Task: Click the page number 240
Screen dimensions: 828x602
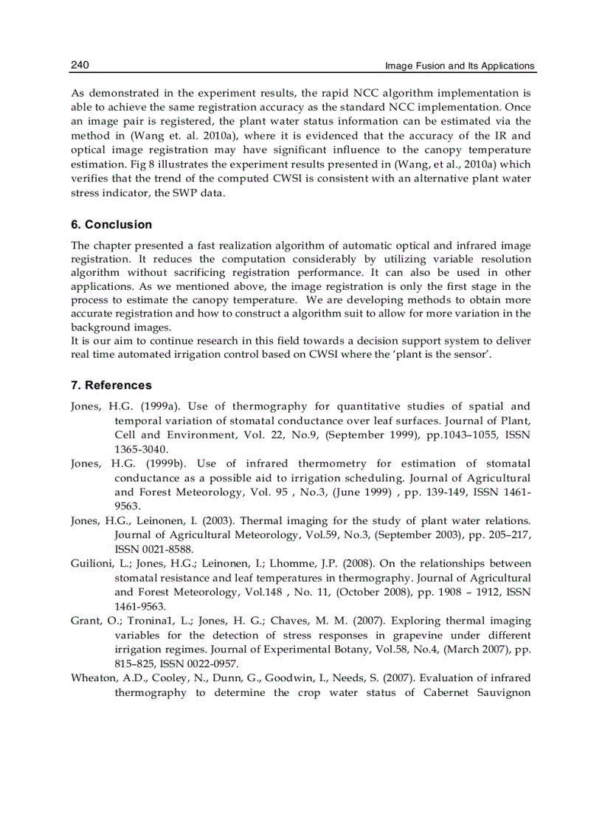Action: click(80, 66)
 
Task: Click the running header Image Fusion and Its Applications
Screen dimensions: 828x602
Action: click(460, 66)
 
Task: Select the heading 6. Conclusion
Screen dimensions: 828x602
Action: click(111, 225)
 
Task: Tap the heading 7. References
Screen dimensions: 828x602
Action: click(111, 386)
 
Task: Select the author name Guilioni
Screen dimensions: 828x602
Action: click(92, 564)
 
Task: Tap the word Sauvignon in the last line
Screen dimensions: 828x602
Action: click(501, 693)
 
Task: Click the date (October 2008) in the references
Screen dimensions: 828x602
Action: click(359, 592)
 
